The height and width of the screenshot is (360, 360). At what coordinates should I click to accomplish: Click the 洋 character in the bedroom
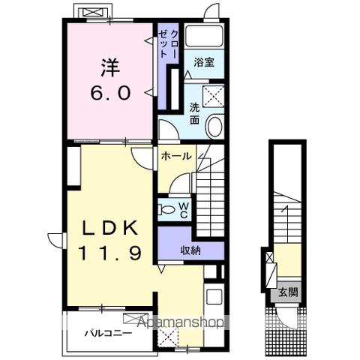[x=110, y=67]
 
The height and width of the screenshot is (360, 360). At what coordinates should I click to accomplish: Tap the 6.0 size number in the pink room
[x=110, y=93]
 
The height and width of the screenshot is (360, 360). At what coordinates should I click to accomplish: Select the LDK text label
[x=111, y=228]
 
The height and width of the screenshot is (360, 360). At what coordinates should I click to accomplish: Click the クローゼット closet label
[x=168, y=44]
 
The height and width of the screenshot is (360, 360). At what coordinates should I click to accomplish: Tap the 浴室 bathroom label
[x=204, y=62]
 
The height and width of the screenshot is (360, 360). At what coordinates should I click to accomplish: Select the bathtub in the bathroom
[x=204, y=36]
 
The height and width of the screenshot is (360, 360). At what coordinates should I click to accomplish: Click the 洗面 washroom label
[x=194, y=114]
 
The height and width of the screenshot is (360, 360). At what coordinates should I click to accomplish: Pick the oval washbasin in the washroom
[x=214, y=126]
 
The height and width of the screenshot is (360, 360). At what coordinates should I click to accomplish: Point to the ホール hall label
[x=176, y=156]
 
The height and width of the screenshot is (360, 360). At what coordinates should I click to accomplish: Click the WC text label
[x=184, y=210]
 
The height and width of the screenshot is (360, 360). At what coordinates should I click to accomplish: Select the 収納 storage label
[x=190, y=250]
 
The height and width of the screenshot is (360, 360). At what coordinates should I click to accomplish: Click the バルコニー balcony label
[x=108, y=333]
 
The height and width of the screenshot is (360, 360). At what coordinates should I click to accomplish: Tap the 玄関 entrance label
[x=289, y=292]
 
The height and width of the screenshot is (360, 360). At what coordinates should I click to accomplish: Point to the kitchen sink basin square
[x=214, y=297]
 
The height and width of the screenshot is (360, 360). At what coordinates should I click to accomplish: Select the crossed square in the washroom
[x=213, y=97]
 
